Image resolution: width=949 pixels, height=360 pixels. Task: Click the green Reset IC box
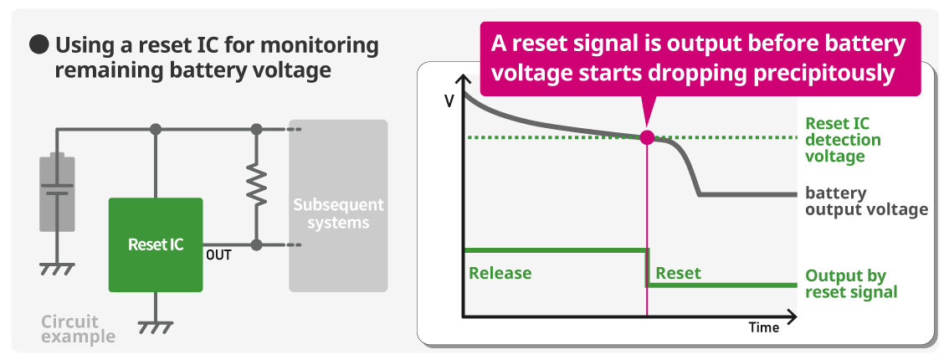tap(156, 244)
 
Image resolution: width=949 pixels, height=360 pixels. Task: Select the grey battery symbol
tap(57, 192)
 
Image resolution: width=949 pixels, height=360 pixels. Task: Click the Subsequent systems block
tap(338, 206)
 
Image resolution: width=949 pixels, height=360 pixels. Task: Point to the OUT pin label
tap(218, 255)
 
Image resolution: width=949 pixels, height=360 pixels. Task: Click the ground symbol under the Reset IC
tap(156, 327)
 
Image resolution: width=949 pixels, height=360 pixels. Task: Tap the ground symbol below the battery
tap(57, 269)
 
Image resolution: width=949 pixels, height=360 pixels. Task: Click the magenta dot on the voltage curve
tap(647, 137)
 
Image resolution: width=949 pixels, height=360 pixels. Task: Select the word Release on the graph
tap(500, 274)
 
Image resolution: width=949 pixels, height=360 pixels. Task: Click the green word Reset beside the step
tap(678, 274)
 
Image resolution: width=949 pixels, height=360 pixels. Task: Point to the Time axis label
tap(764, 328)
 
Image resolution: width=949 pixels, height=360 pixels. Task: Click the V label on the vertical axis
tap(449, 101)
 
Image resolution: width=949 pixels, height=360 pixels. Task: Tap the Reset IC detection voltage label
tap(834, 140)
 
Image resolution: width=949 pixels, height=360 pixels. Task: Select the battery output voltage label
tap(866, 202)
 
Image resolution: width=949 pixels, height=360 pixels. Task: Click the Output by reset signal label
tap(851, 284)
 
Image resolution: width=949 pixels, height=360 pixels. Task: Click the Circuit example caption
tap(78, 328)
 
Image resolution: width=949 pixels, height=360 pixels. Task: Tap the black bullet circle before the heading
tap(39, 45)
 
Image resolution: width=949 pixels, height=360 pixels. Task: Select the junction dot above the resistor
tap(257, 129)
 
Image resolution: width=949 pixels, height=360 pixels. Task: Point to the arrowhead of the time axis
tap(791, 316)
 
